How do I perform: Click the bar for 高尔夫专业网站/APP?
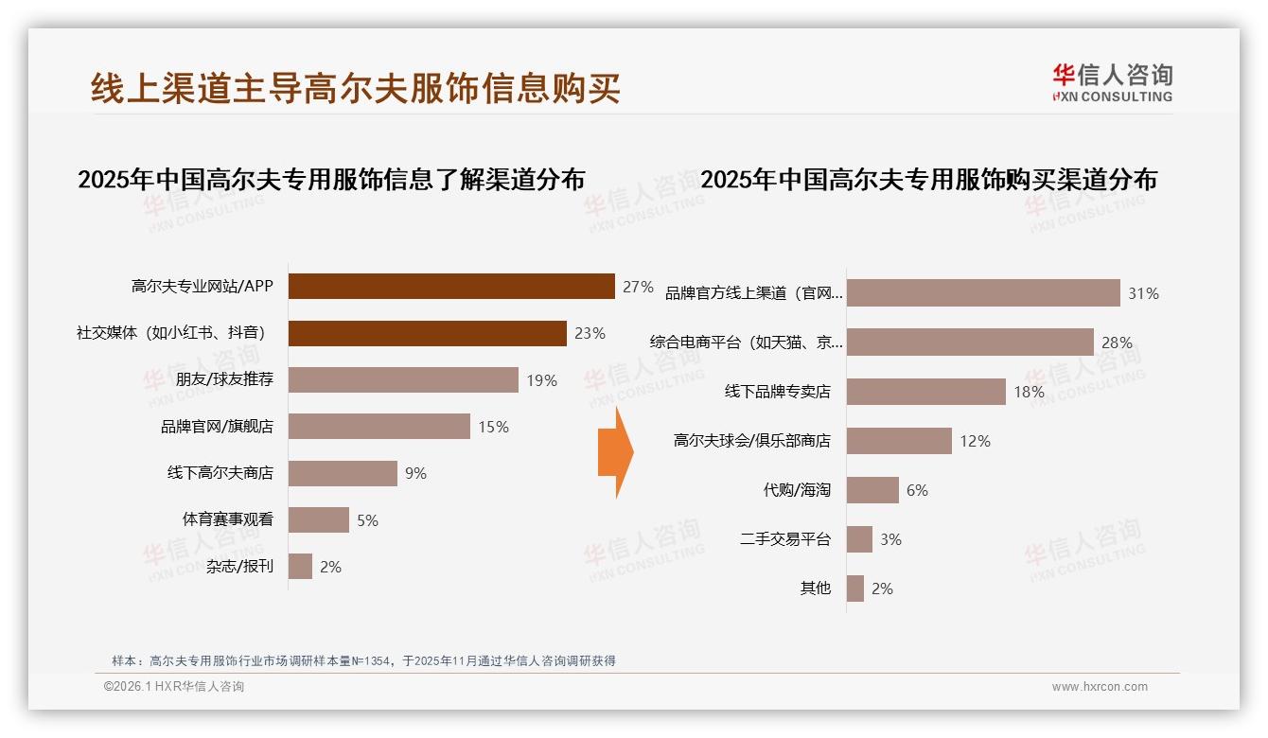(x=451, y=286)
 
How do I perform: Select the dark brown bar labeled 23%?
(x=427, y=333)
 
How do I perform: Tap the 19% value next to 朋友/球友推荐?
(x=542, y=380)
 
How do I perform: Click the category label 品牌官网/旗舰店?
(x=217, y=427)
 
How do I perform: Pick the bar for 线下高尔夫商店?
(x=343, y=473)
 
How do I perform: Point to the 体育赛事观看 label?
(x=227, y=519)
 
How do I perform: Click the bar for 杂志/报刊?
(x=300, y=567)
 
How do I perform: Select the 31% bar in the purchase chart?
(x=983, y=293)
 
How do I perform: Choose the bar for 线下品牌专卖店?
(x=925, y=392)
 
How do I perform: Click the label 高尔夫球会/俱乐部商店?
(x=752, y=441)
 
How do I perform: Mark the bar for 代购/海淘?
(x=872, y=490)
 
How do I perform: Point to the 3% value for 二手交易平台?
(x=890, y=539)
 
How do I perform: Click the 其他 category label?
(x=815, y=589)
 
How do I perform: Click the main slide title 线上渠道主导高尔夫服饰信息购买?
(x=355, y=88)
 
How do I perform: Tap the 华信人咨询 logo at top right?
(x=1112, y=82)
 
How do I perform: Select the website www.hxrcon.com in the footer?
(x=1100, y=687)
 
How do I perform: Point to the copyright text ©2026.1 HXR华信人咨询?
(x=174, y=687)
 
